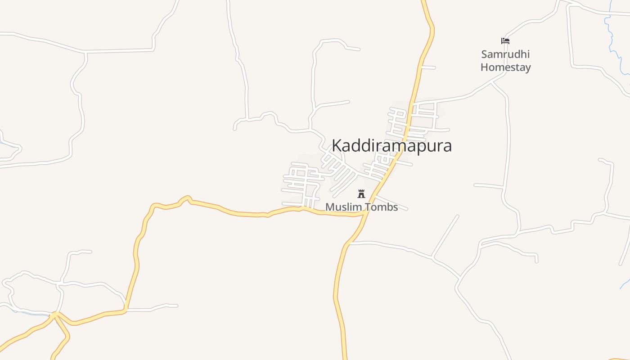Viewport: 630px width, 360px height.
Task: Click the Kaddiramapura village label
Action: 391,146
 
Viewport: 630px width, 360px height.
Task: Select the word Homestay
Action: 505,67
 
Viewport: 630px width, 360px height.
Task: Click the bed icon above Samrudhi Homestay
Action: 505,41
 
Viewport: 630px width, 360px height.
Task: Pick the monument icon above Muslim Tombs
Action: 361,194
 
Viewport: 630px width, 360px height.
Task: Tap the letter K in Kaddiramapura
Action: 337,146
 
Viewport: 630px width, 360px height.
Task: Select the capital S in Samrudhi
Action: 485,54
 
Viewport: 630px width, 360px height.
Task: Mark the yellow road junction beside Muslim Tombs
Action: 364,214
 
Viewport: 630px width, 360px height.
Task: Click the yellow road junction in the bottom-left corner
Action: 55,315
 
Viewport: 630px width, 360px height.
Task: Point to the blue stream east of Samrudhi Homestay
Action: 612,40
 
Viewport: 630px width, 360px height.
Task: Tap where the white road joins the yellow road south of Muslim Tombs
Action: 349,243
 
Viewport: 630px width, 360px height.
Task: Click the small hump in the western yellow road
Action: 185,198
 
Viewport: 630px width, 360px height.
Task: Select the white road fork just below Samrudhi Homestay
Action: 492,82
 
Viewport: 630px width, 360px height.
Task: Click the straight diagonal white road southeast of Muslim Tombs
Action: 445,236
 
